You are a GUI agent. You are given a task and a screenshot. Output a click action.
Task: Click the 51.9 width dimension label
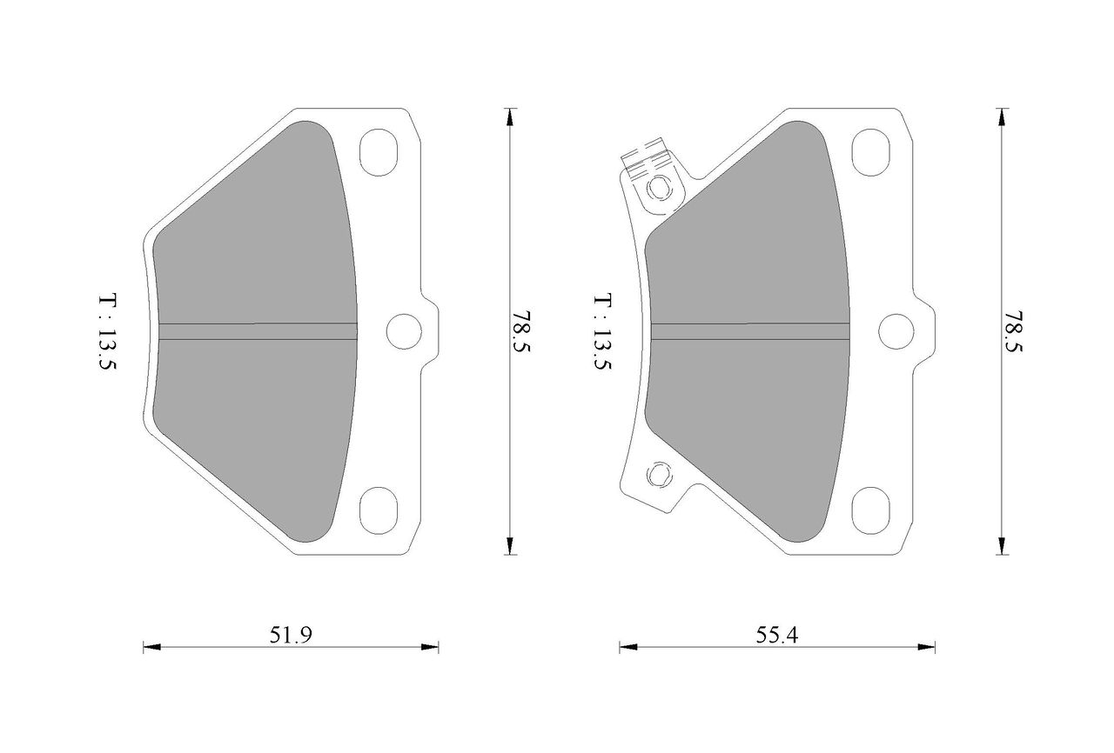291,635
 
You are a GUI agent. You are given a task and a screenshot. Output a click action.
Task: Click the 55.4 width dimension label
777,635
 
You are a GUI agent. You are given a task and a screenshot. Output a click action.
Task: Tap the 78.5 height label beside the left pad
522,331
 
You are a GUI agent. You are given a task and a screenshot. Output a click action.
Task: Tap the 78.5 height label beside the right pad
1013,331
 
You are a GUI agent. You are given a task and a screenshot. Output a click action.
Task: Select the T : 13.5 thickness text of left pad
107,332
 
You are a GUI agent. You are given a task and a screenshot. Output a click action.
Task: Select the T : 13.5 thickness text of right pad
602,332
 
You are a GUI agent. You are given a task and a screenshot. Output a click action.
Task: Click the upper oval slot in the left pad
379,152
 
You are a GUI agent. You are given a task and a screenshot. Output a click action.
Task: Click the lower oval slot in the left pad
379,510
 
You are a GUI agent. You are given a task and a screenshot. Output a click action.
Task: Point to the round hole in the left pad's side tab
404,331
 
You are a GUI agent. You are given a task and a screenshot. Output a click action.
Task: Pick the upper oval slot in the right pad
871,152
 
